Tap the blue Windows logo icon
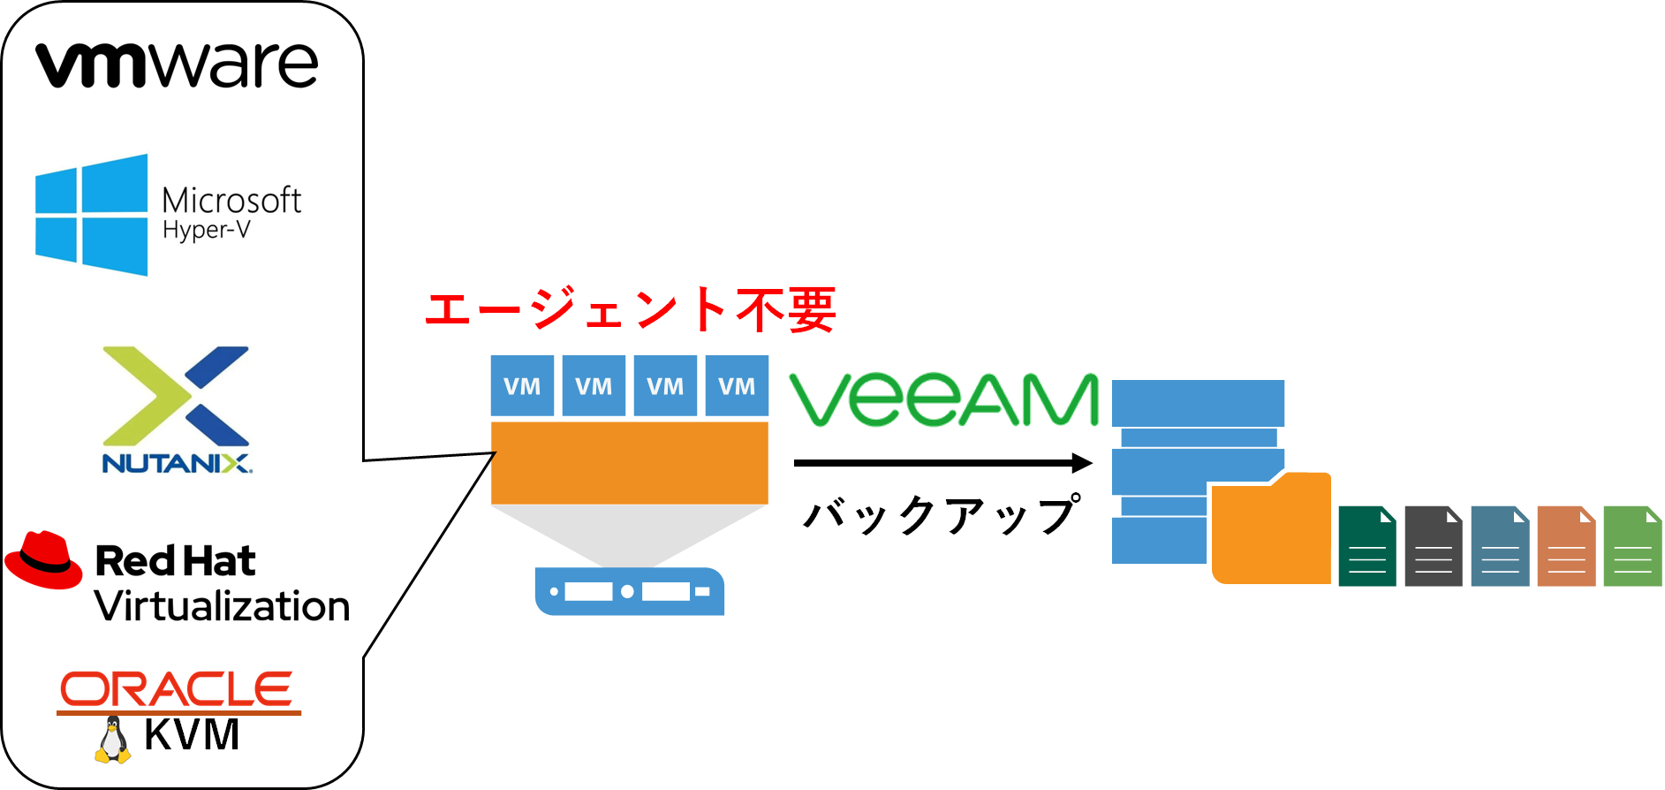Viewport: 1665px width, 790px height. coord(92,215)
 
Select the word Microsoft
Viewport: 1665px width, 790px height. coord(231,201)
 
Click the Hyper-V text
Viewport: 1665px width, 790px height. coord(207,231)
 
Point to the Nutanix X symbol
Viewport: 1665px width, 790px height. coord(177,396)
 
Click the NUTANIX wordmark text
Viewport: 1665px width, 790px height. coord(177,463)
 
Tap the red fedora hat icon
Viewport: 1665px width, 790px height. coord(44,559)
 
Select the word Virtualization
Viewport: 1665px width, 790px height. coord(222,606)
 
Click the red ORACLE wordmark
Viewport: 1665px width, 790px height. coord(177,689)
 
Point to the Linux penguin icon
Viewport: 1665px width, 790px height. coord(112,740)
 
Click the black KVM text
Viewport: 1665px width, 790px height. coord(192,734)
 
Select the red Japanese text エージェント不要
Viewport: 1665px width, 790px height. coord(630,309)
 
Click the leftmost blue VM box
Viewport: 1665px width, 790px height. coord(523,385)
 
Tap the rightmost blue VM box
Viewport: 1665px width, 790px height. coord(737,385)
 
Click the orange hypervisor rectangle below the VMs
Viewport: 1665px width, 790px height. coord(630,463)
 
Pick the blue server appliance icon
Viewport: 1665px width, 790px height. coord(630,591)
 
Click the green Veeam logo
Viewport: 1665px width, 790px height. coord(944,399)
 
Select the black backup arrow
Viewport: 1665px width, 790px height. coord(943,462)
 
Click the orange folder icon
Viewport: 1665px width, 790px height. coord(1271,528)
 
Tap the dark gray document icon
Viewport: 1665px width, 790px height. coord(1434,546)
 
